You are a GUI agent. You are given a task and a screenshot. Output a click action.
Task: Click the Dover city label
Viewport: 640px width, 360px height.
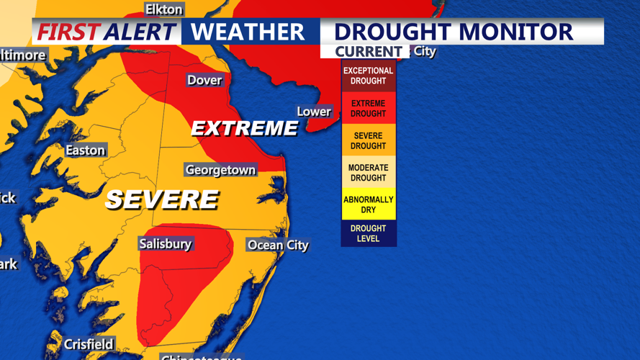tap(204, 80)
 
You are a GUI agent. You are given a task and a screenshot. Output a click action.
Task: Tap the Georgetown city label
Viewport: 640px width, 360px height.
tap(220, 170)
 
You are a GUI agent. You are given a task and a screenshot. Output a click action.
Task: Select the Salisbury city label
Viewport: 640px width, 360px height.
tap(166, 244)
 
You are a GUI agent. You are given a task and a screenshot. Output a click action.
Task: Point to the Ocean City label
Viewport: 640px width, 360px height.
tap(278, 245)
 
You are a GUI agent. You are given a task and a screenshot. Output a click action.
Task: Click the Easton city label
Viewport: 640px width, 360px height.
tap(86, 150)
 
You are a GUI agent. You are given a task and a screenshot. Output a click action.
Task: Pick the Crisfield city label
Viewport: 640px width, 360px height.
tap(89, 344)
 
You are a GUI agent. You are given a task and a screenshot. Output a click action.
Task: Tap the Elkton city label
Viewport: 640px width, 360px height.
tap(163, 9)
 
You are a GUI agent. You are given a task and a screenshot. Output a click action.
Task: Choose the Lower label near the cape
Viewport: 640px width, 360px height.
tap(314, 112)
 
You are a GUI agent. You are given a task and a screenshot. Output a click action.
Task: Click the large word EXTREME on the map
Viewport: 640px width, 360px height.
tap(244, 129)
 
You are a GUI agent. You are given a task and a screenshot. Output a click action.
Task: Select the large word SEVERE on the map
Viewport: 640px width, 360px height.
tap(161, 199)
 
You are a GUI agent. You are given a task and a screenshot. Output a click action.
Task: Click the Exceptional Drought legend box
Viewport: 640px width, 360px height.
tap(368, 76)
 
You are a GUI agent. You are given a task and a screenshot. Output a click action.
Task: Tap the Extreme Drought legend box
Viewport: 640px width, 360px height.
tap(368, 108)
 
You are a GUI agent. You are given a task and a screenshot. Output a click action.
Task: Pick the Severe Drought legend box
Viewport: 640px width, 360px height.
tap(368, 140)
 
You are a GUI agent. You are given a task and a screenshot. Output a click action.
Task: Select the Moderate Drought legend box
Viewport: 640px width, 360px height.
tap(368, 173)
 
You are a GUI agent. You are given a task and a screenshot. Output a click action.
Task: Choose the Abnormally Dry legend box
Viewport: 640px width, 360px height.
tap(368, 204)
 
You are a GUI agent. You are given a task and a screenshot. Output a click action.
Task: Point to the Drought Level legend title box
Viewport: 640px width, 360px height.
tap(368, 233)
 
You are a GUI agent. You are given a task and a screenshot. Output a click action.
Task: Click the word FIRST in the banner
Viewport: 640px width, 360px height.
tap(68, 32)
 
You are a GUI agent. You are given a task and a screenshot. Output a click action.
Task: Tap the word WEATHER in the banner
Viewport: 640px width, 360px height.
tap(248, 32)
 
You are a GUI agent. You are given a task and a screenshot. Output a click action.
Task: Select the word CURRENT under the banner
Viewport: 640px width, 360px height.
tap(368, 52)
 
